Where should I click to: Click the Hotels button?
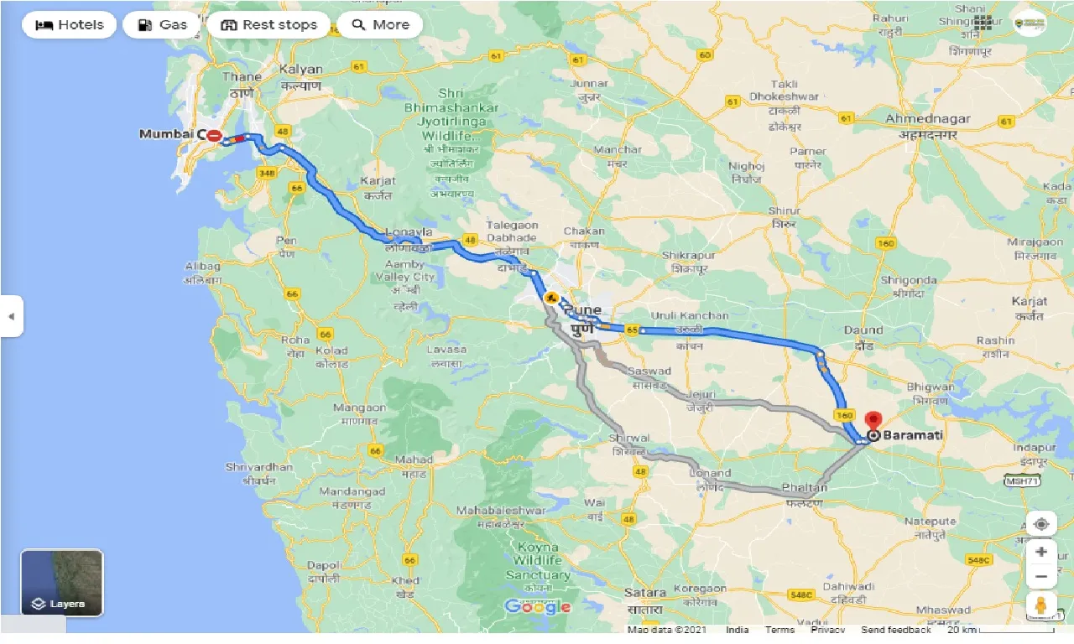(x=69, y=25)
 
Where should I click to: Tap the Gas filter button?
(x=161, y=25)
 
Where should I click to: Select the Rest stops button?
(x=268, y=25)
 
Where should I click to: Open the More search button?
(x=379, y=25)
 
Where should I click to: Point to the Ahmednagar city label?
(x=927, y=119)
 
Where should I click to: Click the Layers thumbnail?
(x=62, y=583)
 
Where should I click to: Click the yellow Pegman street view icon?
(x=1041, y=604)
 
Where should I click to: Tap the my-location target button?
(x=1041, y=524)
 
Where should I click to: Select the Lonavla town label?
(x=409, y=232)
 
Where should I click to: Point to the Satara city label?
(x=644, y=592)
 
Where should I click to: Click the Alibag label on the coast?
(x=202, y=267)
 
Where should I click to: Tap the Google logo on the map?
(x=538, y=606)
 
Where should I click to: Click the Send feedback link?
(x=895, y=630)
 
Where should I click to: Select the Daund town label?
(x=863, y=330)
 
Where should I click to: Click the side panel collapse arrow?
(x=11, y=316)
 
